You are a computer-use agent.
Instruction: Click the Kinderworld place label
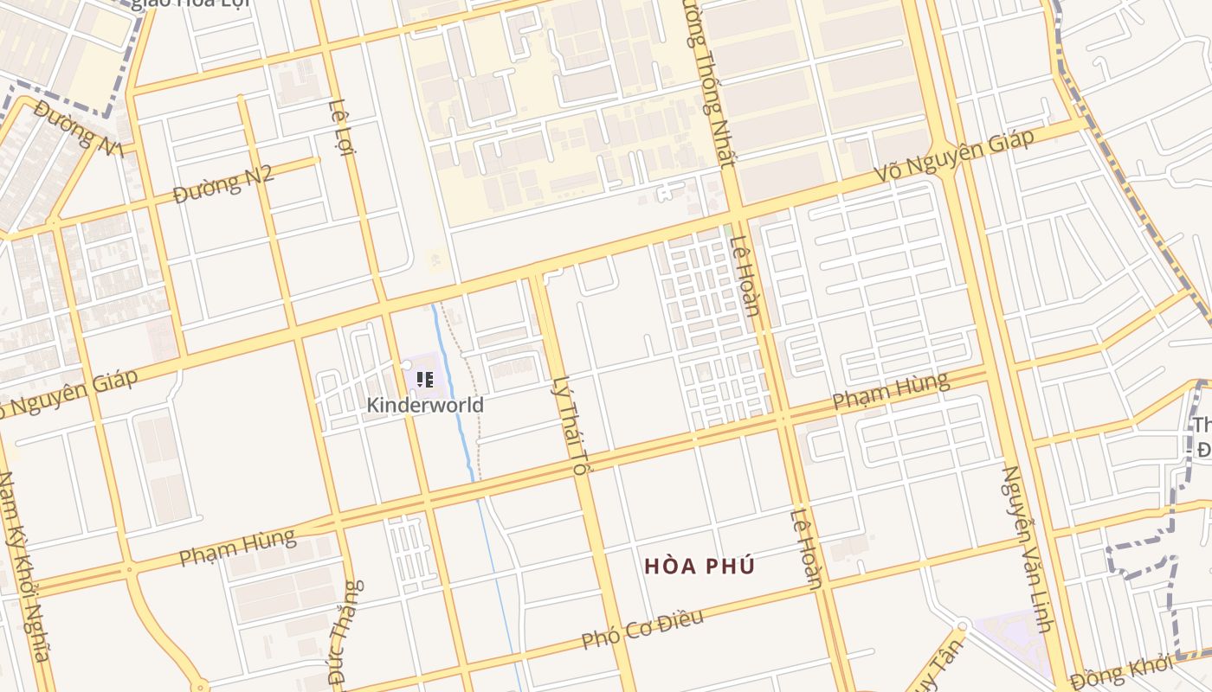pos(424,405)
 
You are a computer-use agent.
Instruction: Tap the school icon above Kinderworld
pos(424,379)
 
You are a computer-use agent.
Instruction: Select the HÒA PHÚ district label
pos(699,567)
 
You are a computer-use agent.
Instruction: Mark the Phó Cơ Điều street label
pos(641,629)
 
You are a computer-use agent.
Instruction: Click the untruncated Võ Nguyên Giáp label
pos(953,157)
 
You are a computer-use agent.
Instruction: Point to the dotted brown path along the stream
pos(473,398)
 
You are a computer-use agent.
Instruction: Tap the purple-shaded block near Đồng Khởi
pos(1009,640)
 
